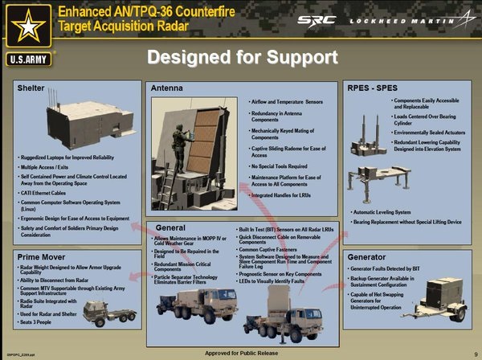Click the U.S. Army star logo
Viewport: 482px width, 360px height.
click(29, 26)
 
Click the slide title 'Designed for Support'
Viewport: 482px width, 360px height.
click(241, 57)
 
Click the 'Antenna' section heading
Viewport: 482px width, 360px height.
click(167, 86)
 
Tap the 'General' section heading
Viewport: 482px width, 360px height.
click(170, 228)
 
